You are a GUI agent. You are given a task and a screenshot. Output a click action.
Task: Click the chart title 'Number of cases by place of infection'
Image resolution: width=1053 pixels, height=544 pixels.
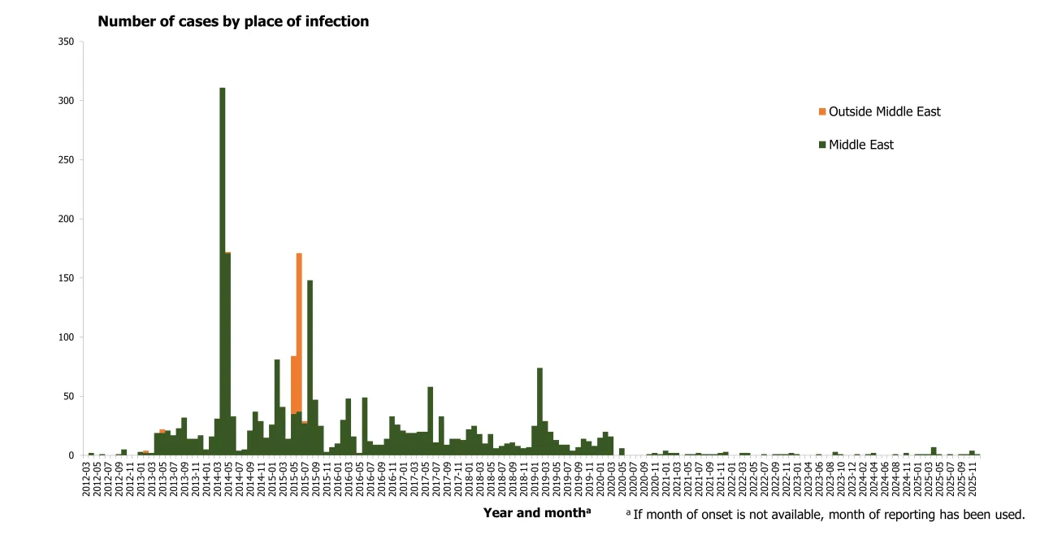tap(233, 22)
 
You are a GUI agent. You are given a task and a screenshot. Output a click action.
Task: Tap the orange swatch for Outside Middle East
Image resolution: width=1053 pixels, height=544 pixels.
tap(822, 111)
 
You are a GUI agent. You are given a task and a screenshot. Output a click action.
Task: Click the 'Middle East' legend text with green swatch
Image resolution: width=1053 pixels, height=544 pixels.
tap(860, 145)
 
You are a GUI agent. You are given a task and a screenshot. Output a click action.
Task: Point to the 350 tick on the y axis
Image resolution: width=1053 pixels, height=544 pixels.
tap(67, 41)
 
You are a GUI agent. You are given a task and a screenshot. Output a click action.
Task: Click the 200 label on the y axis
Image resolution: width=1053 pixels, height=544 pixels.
tap(67, 219)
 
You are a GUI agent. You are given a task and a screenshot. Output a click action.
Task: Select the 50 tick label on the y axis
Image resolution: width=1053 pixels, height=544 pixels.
tap(70, 396)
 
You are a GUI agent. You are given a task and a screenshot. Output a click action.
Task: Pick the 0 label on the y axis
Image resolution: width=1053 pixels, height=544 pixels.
tap(73, 455)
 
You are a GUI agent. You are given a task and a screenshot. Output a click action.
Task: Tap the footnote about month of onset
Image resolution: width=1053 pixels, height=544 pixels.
tap(825, 514)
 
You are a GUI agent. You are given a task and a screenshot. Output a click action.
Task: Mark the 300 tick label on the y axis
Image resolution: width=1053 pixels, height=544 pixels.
tap(67, 101)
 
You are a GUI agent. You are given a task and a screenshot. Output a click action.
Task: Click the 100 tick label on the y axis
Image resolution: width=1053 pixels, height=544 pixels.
tap(67, 337)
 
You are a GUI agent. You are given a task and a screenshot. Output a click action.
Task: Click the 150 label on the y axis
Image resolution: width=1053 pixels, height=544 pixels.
tap(67, 278)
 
